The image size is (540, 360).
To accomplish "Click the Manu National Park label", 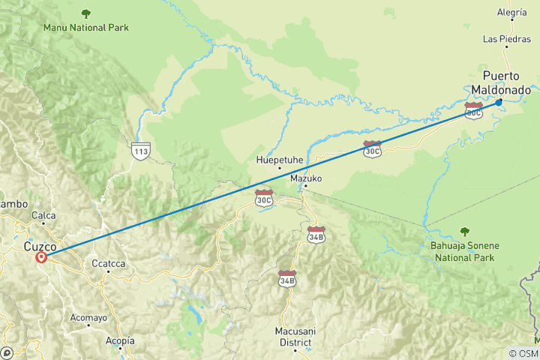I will pyautogui.click(x=86, y=28).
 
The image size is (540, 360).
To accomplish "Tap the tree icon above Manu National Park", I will pyautogui.click(x=86, y=13).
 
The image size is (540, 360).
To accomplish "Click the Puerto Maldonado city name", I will pyautogui.click(x=502, y=82).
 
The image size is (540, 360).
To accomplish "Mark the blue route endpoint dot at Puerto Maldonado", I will pyautogui.click(x=499, y=103).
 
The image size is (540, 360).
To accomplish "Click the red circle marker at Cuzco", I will pyautogui.click(x=41, y=257).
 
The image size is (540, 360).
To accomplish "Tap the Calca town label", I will pyautogui.click(x=43, y=215).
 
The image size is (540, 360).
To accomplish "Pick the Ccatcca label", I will pyautogui.click(x=108, y=263).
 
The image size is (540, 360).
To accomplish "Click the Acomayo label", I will pyautogui.click(x=88, y=317).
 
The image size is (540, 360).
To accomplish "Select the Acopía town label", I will pyautogui.click(x=120, y=340).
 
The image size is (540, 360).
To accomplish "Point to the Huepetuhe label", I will pyautogui.click(x=279, y=160).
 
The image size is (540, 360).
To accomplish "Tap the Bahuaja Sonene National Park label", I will pyautogui.click(x=463, y=251).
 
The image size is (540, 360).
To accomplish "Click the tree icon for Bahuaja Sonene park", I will pyautogui.click(x=465, y=232).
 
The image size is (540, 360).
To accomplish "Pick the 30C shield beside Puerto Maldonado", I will pyautogui.click(x=473, y=112).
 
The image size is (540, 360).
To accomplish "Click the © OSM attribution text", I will pyautogui.click(x=523, y=353).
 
